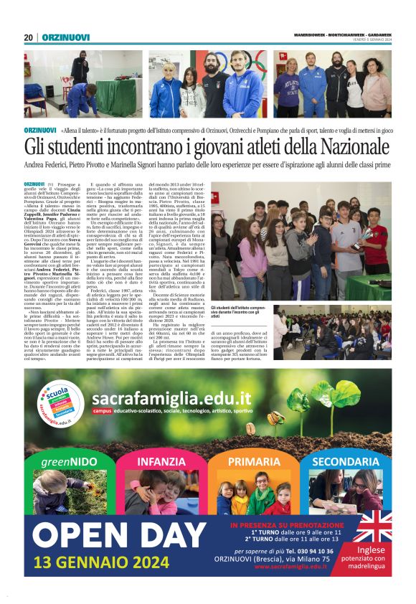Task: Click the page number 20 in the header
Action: pyautogui.click(x=28, y=37)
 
